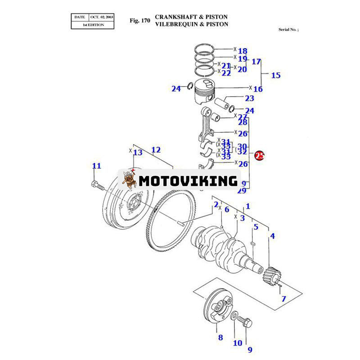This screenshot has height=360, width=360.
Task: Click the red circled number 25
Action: click(x=260, y=156)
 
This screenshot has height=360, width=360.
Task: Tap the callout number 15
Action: click(x=275, y=75)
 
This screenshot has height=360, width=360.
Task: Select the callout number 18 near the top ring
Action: click(x=243, y=51)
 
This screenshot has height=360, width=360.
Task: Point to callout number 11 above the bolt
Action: click(x=97, y=166)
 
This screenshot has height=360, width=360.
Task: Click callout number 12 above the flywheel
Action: click(x=156, y=150)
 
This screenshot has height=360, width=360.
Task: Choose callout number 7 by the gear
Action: click(x=283, y=298)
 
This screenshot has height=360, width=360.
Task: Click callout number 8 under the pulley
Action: click(x=220, y=337)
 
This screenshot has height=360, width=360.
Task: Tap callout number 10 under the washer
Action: click(x=238, y=343)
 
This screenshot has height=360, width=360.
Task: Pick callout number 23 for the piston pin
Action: click(x=249, y=98)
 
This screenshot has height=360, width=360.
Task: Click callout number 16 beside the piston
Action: click(x=258, y=89)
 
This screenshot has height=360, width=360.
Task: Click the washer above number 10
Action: click(x=236, y=319)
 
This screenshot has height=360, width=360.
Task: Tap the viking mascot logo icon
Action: click(x=130, y=180)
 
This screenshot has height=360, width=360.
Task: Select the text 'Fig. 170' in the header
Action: click(x=139, y=20)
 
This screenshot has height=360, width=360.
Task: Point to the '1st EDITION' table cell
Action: click(x=93, y=25)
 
